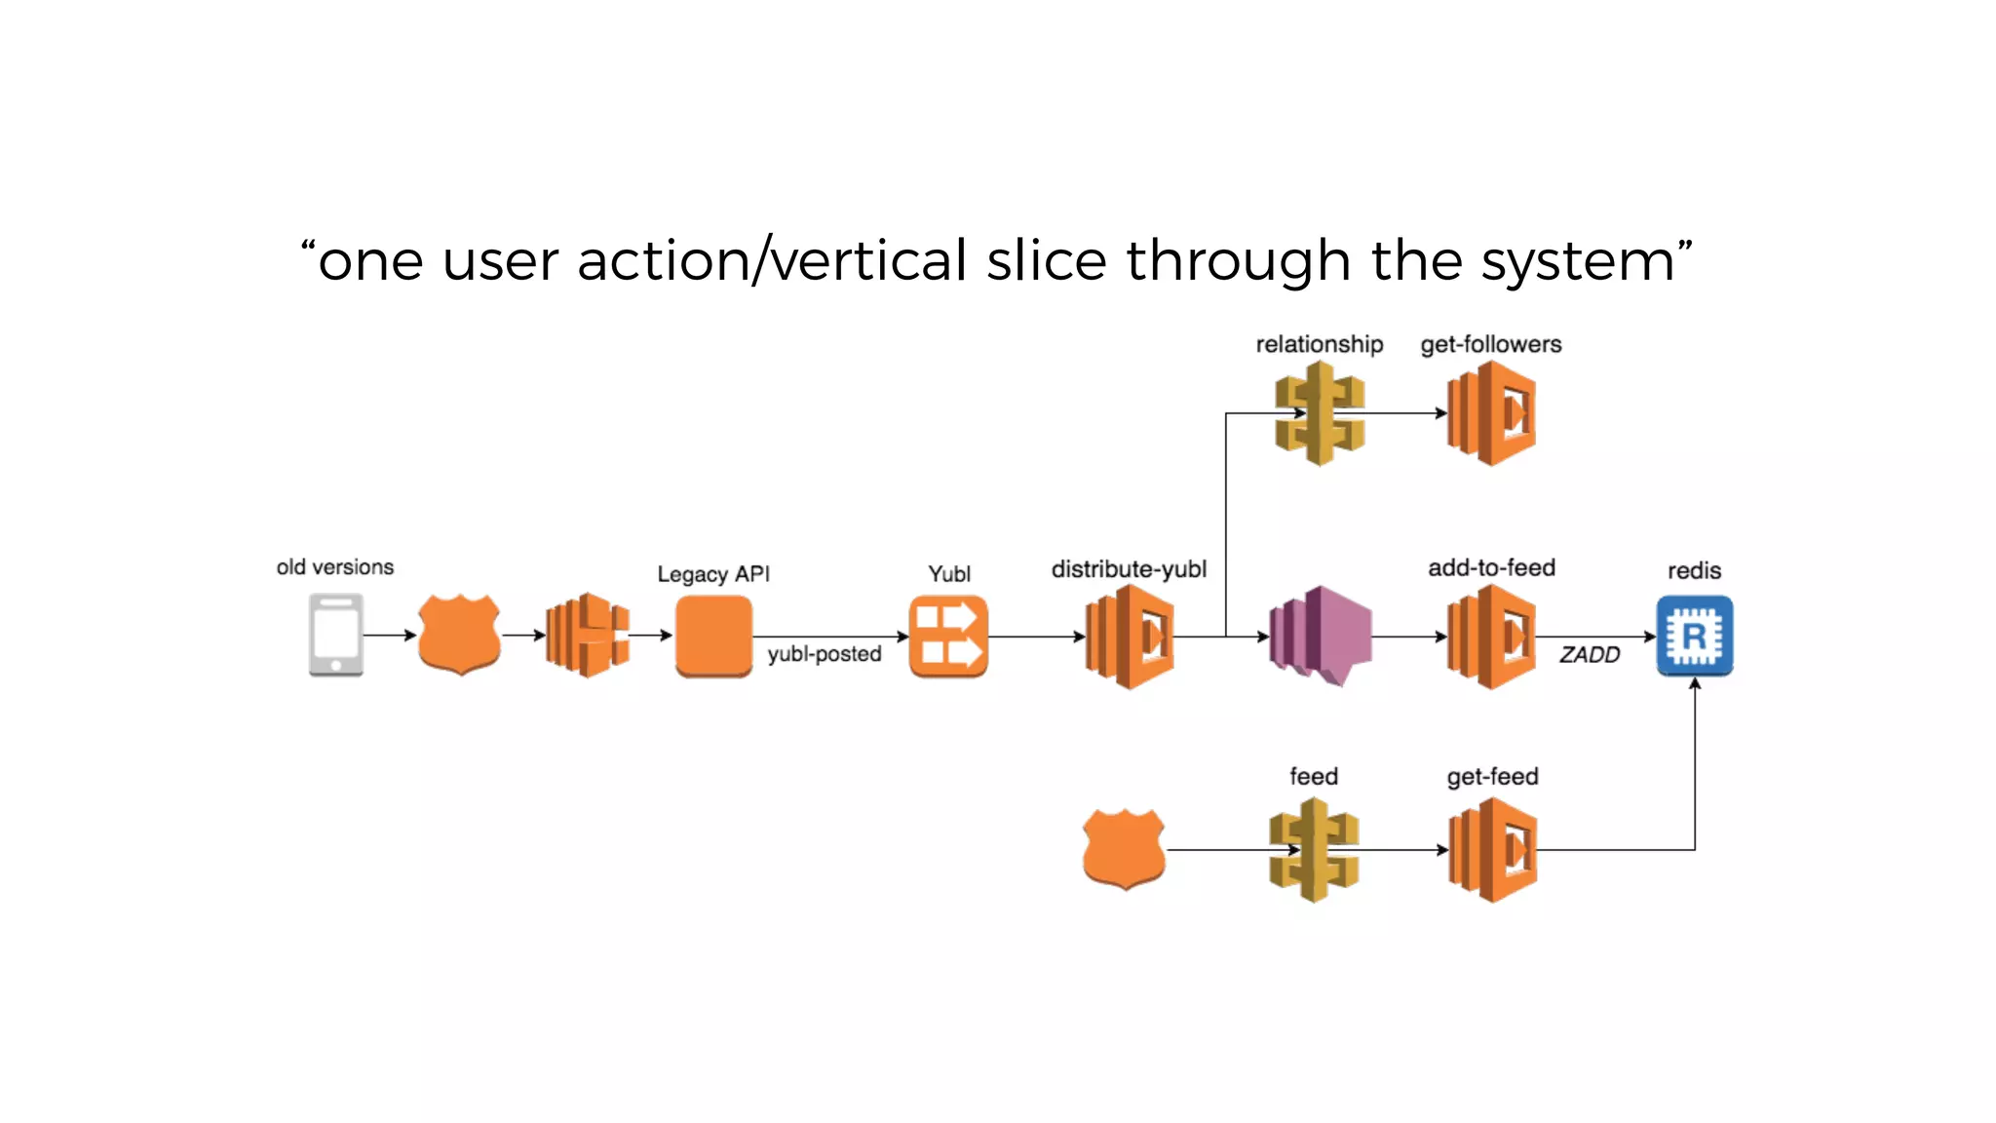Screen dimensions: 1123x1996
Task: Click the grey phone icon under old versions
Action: click(x=335, y=635)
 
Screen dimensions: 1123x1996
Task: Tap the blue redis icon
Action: click(x=1694, y=636)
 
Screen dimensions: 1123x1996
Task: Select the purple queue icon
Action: click(x=1320, y=636)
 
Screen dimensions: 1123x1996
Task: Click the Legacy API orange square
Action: click(x=713, y=636)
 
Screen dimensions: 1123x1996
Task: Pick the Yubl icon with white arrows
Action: click(x=948, y=636)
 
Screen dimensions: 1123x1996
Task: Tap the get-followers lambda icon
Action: click(x=1491, y=413)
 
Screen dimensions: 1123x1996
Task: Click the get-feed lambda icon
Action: click(x=1492, y=850)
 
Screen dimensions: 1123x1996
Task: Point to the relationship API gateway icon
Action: click(x=1320, y=413)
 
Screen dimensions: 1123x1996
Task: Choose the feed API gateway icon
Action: click(x=1314, y=850)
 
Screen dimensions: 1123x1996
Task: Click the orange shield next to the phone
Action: click(x=459, y=634)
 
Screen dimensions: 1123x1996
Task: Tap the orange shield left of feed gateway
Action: click(x=1124, y=848)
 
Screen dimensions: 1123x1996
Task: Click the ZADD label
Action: click(x=1589, y=655)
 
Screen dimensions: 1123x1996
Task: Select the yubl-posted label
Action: click(x=824, y=654)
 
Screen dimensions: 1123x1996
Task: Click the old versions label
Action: click(x=334, y=567)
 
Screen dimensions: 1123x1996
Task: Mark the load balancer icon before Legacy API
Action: click(x=587, y=635)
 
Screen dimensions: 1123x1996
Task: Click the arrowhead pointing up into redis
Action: click(x=1695, y=684)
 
